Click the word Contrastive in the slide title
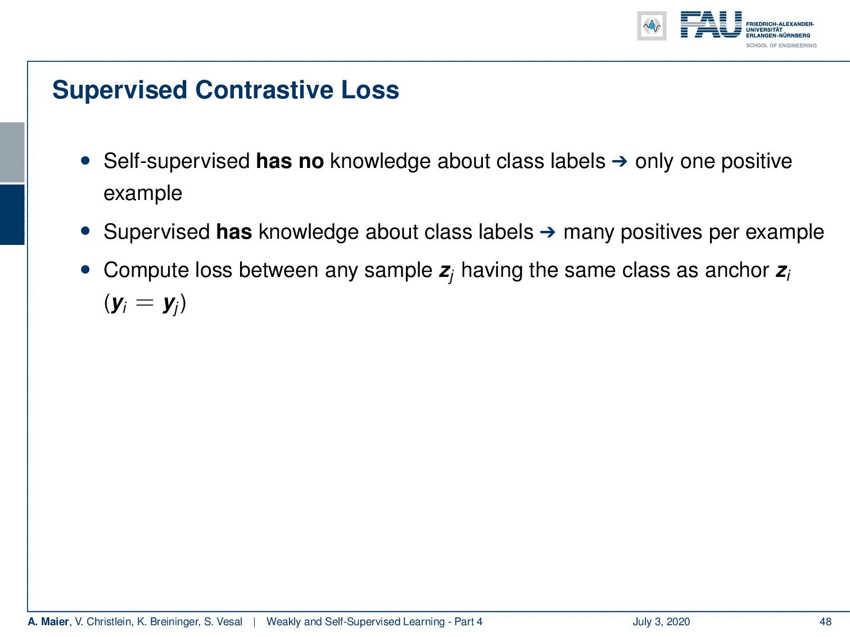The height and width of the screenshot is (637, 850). [x=264, y=90]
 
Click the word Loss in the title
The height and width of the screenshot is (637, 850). [x=370, y=90]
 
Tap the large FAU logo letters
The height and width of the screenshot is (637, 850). [x=711, y=25]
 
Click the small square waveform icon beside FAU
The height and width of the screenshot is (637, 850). [x=652, y=26]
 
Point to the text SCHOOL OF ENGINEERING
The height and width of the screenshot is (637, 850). [x=781, y=46]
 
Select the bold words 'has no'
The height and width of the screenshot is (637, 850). [x=290, y=161]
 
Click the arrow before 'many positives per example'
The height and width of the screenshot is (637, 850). [x=548, y=232]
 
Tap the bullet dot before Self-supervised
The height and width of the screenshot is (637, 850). [x=85, y=161]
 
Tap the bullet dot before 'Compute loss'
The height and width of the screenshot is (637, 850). [x=85, y=269]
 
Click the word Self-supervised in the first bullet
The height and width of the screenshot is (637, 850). [x=177, y=161]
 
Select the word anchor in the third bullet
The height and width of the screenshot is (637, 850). [x=737, y=270]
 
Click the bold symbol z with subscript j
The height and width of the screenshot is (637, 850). [x=446, y=272]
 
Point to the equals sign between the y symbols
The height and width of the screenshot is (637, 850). [x=145, y=303]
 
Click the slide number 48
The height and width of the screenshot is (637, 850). [x=825, y=622]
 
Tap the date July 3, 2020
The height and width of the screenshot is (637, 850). [x=661, y=622]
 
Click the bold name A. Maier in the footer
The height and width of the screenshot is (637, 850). [x=48, y=622]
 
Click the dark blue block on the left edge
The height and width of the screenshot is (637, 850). [x=12, y=215]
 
